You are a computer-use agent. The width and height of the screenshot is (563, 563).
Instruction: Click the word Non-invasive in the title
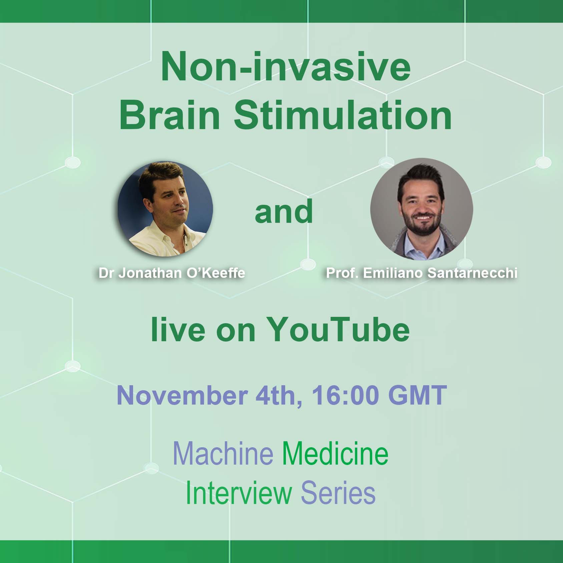pyautogui.click(x=286, y=67)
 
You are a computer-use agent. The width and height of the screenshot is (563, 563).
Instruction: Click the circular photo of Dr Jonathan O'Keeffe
pyautogui.click(x=165, y=209)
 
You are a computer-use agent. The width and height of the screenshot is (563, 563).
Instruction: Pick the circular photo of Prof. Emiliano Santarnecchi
pyautogui.click(x=422, y=209)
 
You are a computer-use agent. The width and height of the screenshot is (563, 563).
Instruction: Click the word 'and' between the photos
pyautogui.click(x=284, y=211)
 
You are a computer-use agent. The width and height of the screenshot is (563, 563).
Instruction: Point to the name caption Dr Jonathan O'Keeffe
pyautogui.click(x=172, y=273)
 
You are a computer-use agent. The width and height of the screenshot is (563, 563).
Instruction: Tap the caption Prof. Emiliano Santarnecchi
pyautogui.click(x=422, y=273)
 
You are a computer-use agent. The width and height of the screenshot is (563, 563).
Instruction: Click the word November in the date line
pyautogui.click(x=182, y=395)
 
